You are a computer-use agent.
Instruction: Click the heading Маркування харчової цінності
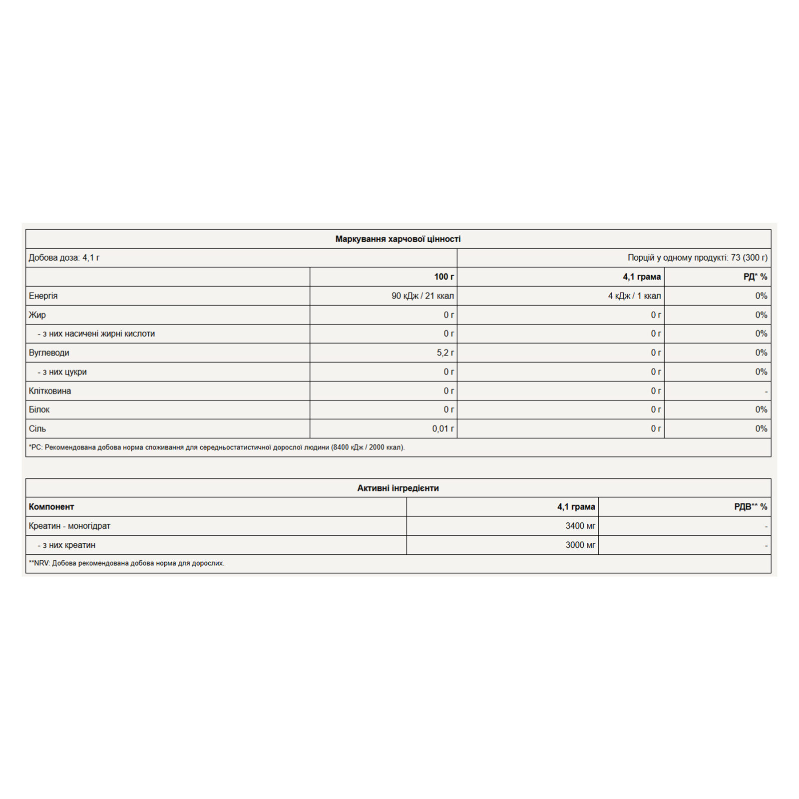398,239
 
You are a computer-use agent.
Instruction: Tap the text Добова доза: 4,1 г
64,258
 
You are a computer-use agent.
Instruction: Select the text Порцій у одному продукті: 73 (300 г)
697,258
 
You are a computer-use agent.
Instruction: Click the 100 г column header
444,277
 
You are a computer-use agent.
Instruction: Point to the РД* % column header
755,277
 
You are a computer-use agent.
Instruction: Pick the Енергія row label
43,296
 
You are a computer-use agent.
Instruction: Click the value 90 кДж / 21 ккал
422,296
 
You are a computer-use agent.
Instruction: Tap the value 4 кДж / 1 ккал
634,296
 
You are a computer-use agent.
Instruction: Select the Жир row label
37,315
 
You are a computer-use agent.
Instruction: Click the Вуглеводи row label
49,353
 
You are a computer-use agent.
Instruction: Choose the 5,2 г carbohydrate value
445,353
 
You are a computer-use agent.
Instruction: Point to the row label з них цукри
62,372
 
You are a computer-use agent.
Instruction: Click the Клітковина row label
50,391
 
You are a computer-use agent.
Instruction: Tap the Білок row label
39,409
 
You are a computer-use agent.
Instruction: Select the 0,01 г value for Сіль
443,428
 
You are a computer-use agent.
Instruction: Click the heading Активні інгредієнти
398,488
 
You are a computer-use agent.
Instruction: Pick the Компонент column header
51,507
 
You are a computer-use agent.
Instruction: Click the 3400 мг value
580,526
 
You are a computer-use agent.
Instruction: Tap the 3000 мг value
580,545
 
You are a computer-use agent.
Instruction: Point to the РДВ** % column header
751,507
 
